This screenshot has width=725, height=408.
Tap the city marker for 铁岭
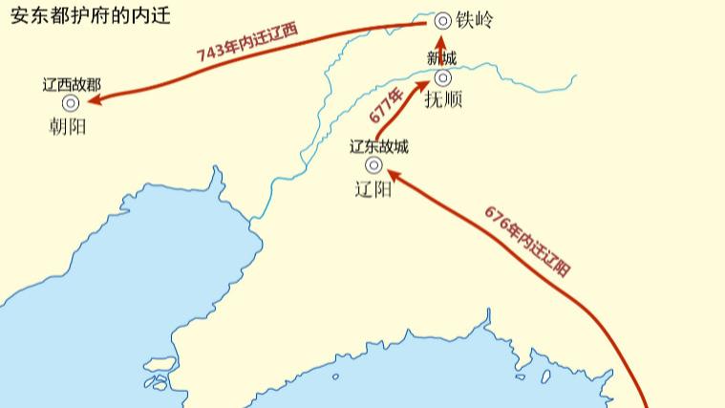(442, 20)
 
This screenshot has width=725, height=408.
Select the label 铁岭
(474, 20)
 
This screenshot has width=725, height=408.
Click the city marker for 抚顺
(442, 77)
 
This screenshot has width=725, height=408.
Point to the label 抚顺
(442, 99)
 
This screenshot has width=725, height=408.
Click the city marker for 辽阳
(373, 164)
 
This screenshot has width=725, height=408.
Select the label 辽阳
(373, 187)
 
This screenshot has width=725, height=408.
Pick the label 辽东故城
(378, 146)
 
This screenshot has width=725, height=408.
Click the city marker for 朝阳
(71, 103)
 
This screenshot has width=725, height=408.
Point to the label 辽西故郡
(71, 84)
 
